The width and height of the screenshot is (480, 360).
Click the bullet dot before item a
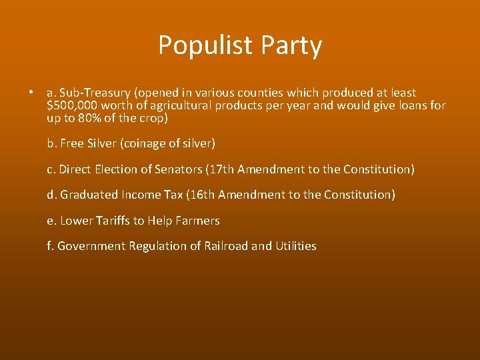click(x=31, y=93)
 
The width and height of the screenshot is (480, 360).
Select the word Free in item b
click(x=71, y=143)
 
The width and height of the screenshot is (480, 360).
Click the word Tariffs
click(x=111, y=220)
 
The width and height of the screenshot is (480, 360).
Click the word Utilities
click(x=296, y=246)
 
